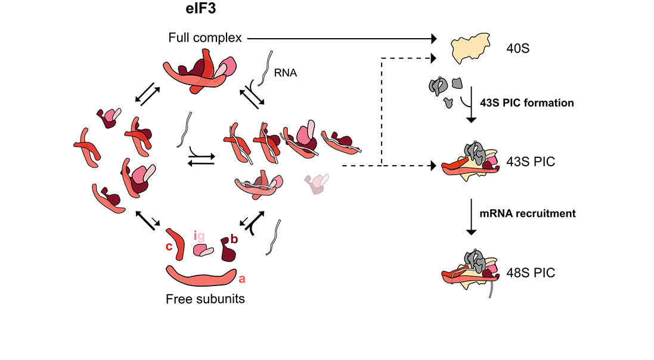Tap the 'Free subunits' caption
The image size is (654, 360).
click(x=205, y=299)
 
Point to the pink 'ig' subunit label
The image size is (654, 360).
click(x=200, y=236)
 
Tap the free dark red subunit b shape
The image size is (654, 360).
click(x=227, y=250)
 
